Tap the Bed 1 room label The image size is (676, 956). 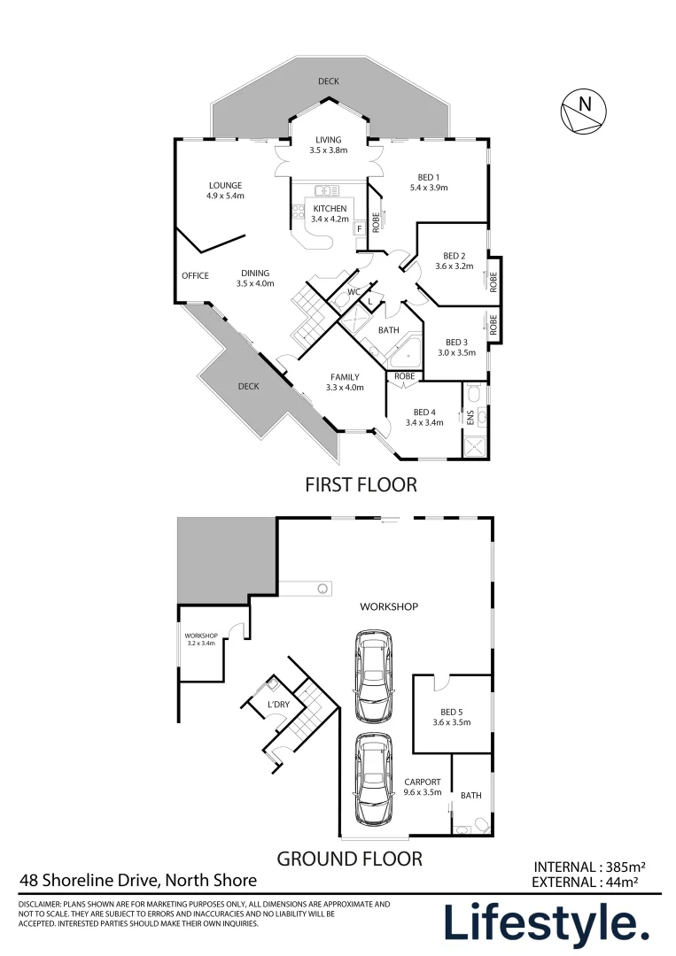click(x=429, y=182)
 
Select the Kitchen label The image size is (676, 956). click(x=330, y=213)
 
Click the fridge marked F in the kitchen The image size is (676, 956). click(x=360, y=228)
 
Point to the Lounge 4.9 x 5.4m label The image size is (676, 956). click(x=225, y=190)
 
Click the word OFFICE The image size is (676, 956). click(x=195, y=275)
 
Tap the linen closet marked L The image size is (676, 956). click(x=369, y=301)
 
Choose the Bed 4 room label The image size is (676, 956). click(x=424, y=418)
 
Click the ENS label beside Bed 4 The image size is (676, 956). click(x=470, y=418)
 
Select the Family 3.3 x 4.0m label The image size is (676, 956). click(x=345, y=382)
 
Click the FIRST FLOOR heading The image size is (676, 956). click(x=361, y=485)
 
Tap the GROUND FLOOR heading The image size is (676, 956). click(x=350, y=859)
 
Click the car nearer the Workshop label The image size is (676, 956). click(x=374, y=676)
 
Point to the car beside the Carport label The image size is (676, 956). click(x=374, y=779)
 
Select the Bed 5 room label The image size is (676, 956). click(x=452, y=717)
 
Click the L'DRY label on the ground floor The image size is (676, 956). click(x=278, y=705)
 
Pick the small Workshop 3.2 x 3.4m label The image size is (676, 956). click(x=201, y=640)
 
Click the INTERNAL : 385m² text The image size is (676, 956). click(x=589, y=867)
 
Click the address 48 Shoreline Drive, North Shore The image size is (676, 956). click(x=138, y=881)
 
